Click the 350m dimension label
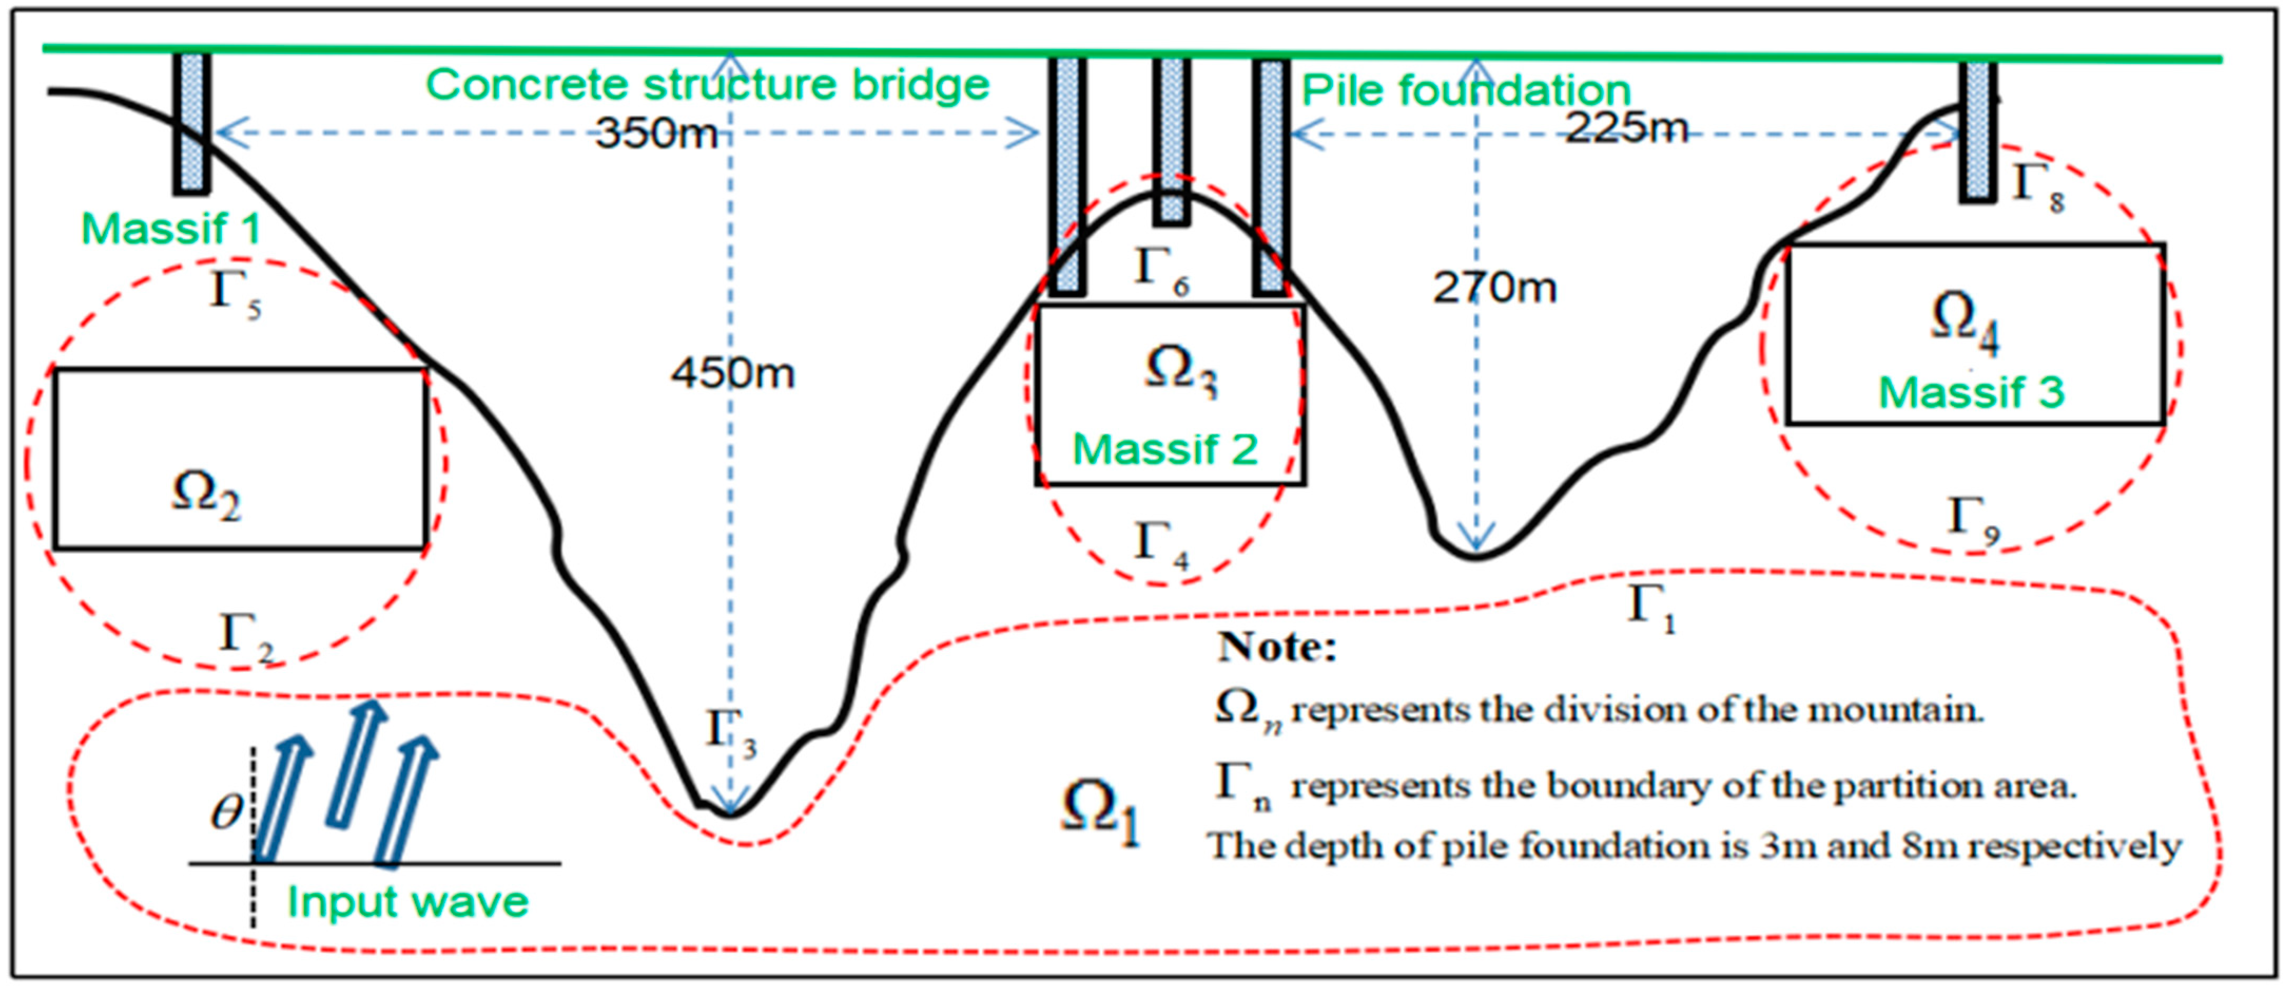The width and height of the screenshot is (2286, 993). click(x=657, y=133)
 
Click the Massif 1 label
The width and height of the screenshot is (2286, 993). click(x=170, y=229)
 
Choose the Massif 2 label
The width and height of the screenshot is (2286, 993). click(x=1165, y=449)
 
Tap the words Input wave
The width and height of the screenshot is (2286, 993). click(x=408, y=902)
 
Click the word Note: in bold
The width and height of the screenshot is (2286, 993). click(x=1276, y=646)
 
